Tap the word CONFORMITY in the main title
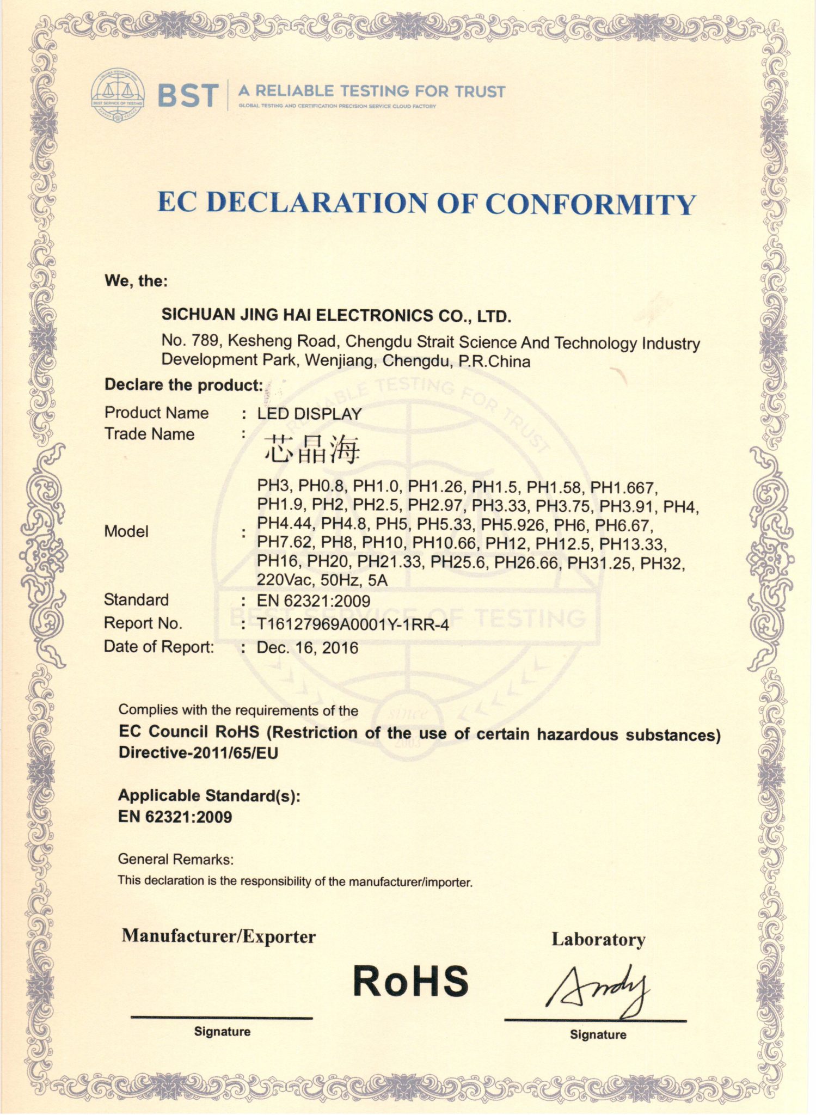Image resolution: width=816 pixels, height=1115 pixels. click(590, 204)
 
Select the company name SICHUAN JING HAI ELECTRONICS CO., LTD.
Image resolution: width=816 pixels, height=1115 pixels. click(336, 315)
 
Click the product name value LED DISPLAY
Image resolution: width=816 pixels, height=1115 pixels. click(309, 414)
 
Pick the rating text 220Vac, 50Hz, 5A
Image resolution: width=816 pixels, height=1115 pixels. click(322, 580)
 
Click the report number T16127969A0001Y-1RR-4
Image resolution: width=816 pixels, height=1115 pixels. click(353, 624)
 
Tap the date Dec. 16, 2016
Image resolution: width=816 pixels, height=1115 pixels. click(308, 648)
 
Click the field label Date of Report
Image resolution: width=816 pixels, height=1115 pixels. click(159, 647)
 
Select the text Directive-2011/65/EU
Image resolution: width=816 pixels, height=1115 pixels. click(198, 753)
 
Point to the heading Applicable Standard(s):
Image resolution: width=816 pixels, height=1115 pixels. click(209, 795)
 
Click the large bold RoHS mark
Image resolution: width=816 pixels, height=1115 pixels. click(410, 981)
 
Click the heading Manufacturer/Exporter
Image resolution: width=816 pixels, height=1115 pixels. click(219, 936)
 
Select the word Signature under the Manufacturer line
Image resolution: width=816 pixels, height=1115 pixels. click(222, 1032)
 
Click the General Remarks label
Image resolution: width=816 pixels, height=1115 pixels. click(176, 859)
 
